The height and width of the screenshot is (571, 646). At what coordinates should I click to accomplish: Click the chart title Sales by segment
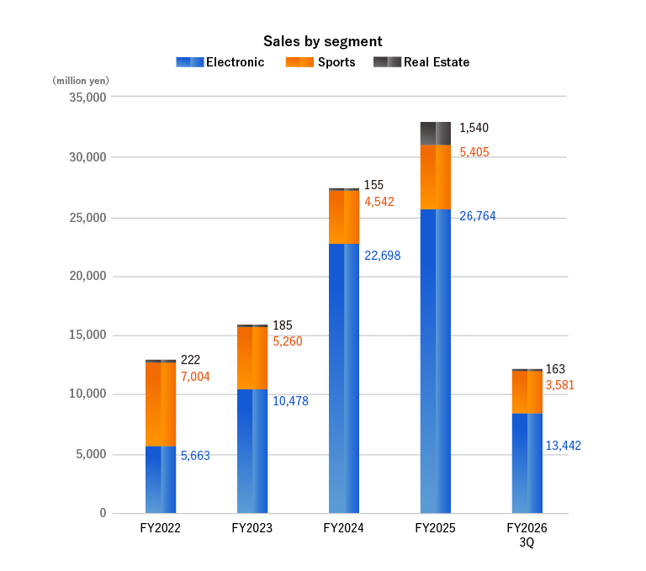coord(322,41)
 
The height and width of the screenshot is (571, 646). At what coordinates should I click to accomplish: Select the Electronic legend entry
coord(220,62)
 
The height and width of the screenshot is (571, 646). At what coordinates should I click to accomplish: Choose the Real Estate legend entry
coord(421,62)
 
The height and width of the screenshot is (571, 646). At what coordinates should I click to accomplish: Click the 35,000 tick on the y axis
coord(84,98)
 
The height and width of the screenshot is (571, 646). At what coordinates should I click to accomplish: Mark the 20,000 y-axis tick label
coord(84,277)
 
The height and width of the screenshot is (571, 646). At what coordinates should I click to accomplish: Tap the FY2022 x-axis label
coord(160,529)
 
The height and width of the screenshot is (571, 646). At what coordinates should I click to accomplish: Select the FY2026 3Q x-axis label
coord(527,535)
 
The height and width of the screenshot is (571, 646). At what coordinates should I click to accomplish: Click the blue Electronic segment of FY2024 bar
coord(343,378)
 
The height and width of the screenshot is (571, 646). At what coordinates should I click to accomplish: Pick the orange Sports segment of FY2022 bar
coord(161,404)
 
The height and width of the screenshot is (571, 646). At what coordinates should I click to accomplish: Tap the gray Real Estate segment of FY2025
coord(435,133)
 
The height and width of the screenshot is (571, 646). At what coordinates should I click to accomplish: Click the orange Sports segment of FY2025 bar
coord(435,177)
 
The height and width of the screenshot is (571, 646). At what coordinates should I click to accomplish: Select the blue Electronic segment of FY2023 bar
coord(252,451)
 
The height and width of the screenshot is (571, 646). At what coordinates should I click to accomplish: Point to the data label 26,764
coord(477,216)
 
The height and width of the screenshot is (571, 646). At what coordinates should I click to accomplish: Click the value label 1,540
coord(474,129)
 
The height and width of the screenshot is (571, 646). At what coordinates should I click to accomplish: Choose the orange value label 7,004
coord(195,377)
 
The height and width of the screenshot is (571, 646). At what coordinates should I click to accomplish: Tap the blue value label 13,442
coord(563,446)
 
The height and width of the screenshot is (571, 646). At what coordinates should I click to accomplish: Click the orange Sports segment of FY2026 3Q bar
coord(527,392)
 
